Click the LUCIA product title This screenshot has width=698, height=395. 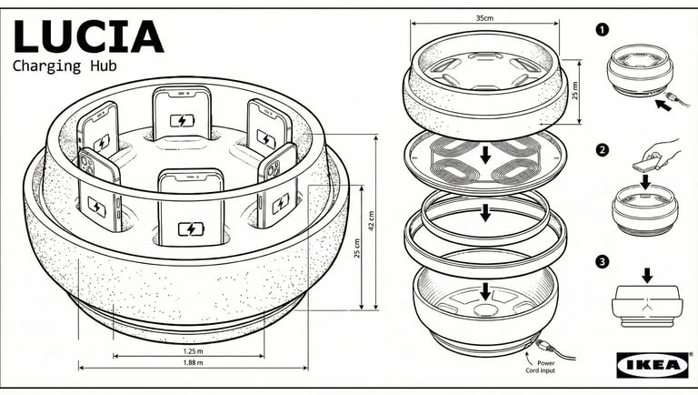pyautogui.click(x=88, y=35)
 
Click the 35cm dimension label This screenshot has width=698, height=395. pyautogui.click(x=484, y=18)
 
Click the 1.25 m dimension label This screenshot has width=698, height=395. pyautogui.click(x=192, y=351)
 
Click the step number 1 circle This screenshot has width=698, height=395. pyautogui.click(x=601, y=29)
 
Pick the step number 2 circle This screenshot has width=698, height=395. pyautogui.click(x=601, y=149)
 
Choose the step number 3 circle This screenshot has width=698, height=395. pyautogui.click(x=601, y=262)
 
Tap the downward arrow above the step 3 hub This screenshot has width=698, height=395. pyautogui.click(x=646, y=273)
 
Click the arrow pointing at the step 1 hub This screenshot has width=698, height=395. pyautogui.click(x=665, y=105)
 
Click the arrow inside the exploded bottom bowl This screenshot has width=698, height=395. pyautogui.click(x=485, y=290)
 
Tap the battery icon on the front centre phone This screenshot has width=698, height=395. pyautogui.click(x=191, y=229)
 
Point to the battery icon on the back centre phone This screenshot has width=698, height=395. pyautogui.click(x=182, y=120)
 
